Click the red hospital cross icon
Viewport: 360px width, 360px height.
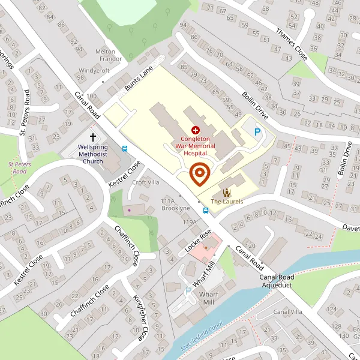pos(195,130)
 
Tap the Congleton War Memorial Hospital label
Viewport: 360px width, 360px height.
pos(195,146)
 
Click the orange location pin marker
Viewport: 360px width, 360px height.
pos(199,174)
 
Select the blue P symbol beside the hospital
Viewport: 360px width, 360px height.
pos(258,133)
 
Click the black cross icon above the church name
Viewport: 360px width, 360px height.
pos(92,137)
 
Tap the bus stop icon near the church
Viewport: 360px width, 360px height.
pos(125,149)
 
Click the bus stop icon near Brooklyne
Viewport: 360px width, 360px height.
pos(205,211)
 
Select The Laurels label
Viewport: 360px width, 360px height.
pos(227,202)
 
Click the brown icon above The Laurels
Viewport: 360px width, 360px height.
pos(227,192)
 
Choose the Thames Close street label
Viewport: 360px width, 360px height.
pos(292,46)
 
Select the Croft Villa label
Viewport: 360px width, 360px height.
pos(146,182)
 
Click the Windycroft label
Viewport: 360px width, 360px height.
pos(94,71)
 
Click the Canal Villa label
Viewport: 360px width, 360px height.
pos(288,312)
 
